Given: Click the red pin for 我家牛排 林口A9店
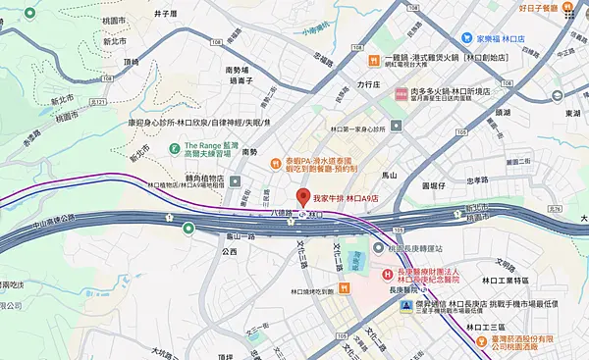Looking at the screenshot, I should pyautogui.click(x=303, y=195).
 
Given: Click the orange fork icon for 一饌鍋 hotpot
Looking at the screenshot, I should pyautogui.click(x=374, y=61).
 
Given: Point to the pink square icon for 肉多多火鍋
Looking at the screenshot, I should pyautogui.click(x=402, y=93).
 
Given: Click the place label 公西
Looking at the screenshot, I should pyautogui.click(x=230, y=252).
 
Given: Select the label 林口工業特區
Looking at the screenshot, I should pyautogui.click(x=501, y=282).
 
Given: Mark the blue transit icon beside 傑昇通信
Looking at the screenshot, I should pyautogui.click(x=405, y=305).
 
